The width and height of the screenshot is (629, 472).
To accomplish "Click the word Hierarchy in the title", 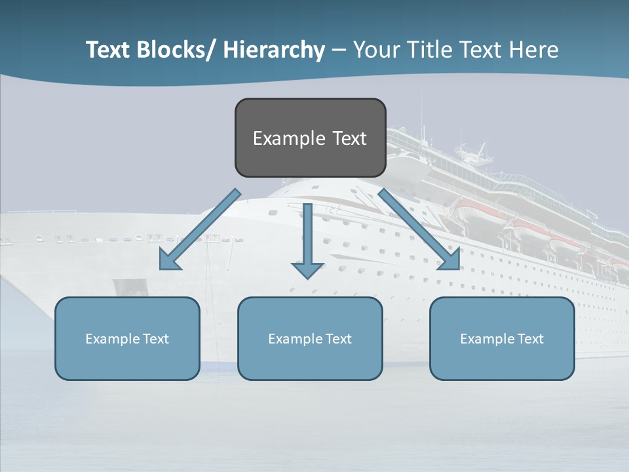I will pyautogui.click(x=274, y=50).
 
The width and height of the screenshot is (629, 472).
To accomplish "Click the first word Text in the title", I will pyautogui.click(x=108, y=50).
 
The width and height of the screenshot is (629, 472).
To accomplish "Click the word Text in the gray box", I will pyautogui.click(x=349, y=138).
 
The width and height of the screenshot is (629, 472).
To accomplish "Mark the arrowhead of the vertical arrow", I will pyautogui.click(x=307, y=269).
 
